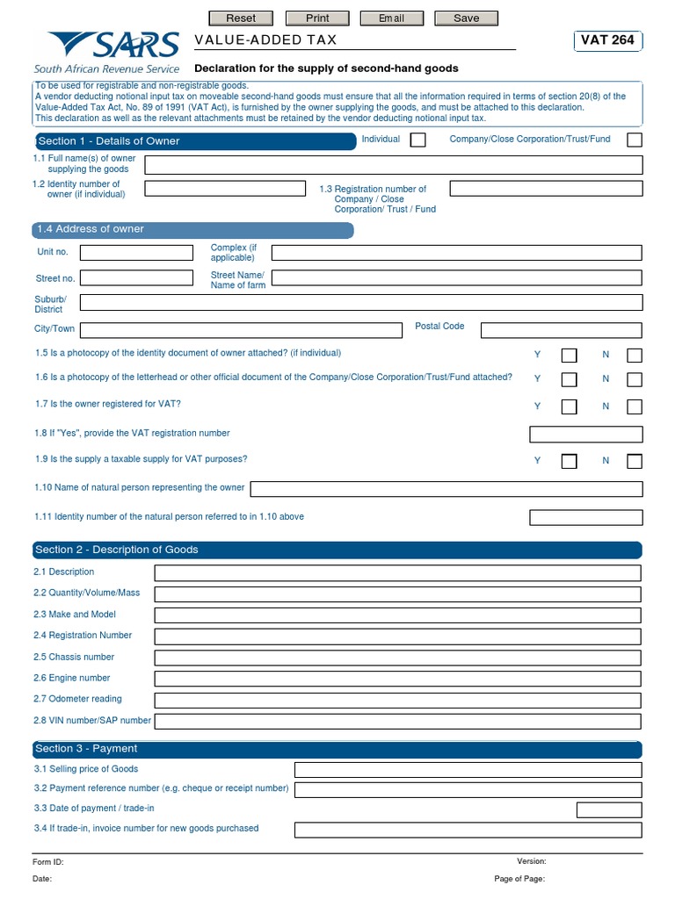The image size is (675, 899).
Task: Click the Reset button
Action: [241, 18]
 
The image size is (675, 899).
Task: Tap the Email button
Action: [391, 18]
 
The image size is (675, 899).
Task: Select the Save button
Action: [467, 18]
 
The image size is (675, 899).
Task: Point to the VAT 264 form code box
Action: [606, 40]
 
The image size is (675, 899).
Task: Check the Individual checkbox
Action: [417, 140]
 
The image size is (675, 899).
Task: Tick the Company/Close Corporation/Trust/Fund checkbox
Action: [634, 140]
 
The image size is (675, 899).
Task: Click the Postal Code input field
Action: [561, 330]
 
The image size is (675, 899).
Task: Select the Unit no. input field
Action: [136, 253]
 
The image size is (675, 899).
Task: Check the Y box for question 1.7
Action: [570, 406]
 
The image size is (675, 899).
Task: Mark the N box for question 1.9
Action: [634, 461]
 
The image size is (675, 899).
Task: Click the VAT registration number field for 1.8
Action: [585, 434]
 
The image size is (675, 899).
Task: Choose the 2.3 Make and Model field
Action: [397, 615]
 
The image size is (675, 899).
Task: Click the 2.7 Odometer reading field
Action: [397, 700]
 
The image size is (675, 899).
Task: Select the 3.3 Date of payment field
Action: [608, 809]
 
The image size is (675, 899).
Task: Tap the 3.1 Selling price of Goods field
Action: [468, 770]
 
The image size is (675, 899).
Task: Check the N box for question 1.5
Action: [634, 356]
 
